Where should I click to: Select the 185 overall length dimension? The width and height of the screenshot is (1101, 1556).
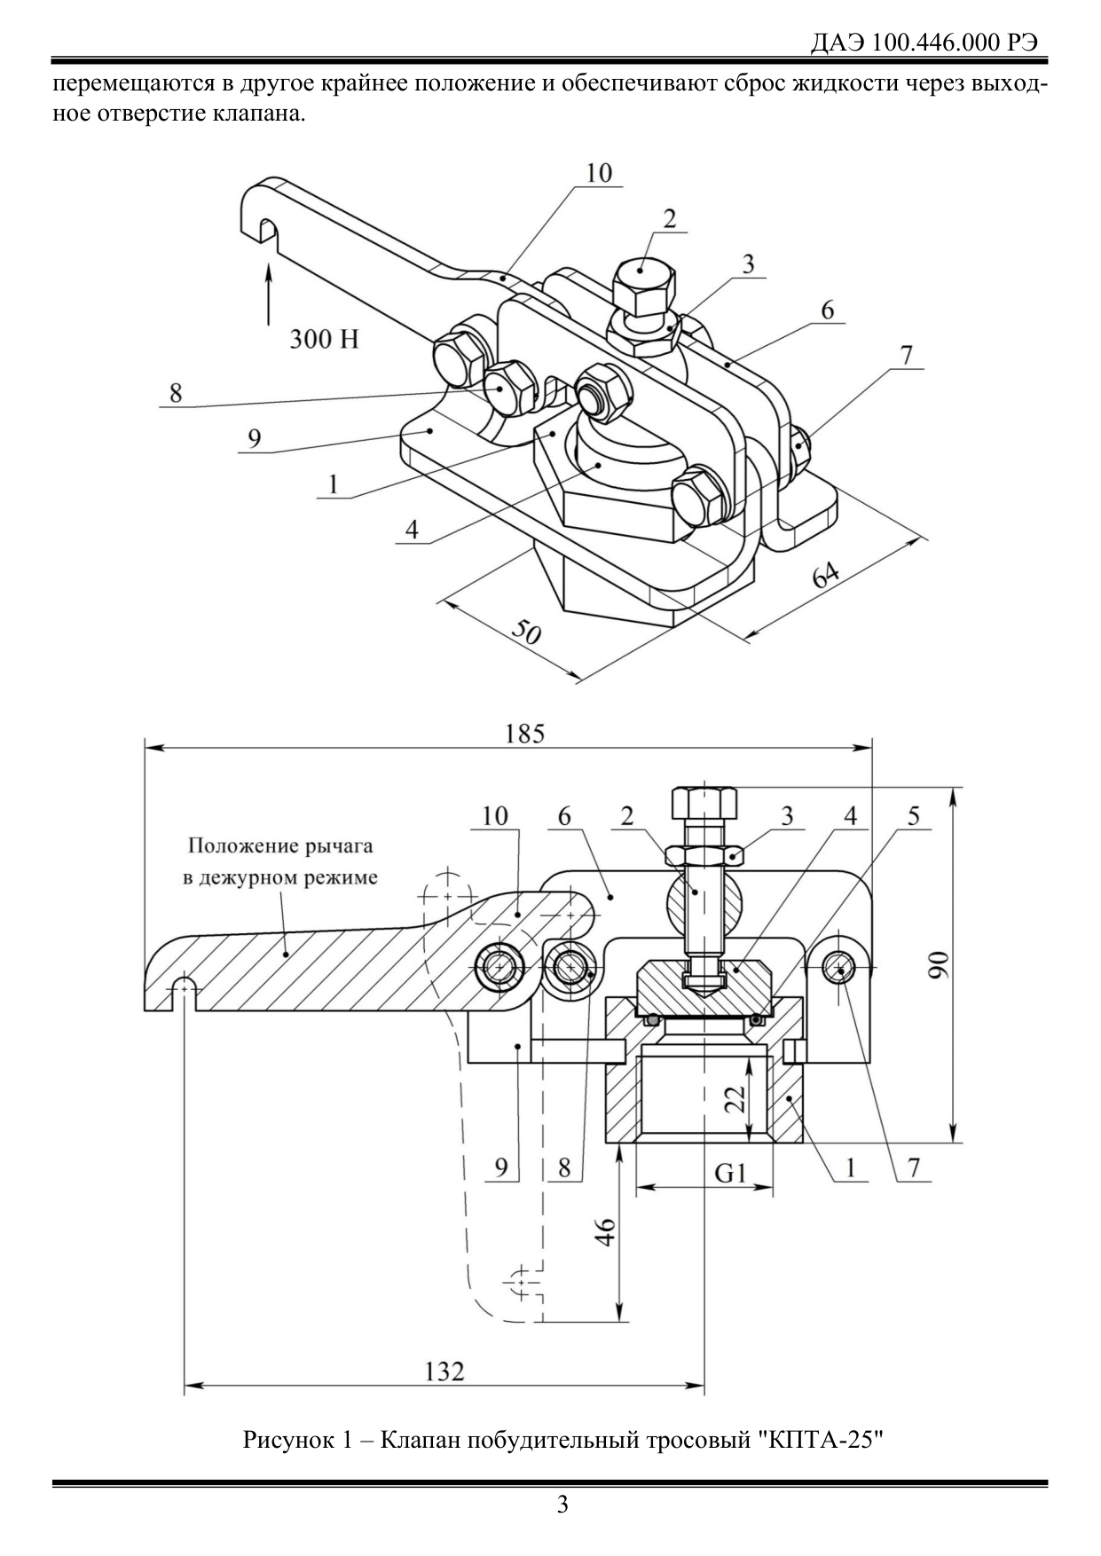coord(524,734)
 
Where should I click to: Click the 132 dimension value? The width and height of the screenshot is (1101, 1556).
coord(444,1371)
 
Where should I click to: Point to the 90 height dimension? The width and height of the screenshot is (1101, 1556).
coord(938,963)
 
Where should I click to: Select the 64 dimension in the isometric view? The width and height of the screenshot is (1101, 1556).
coord(827,576)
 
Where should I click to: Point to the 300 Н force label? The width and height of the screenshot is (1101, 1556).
coord(324,338)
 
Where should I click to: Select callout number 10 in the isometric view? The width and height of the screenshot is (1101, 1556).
coord(599,172)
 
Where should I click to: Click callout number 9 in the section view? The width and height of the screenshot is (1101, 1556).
coord(501,1167)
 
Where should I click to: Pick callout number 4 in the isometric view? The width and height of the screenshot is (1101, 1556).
coord(413,530)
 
